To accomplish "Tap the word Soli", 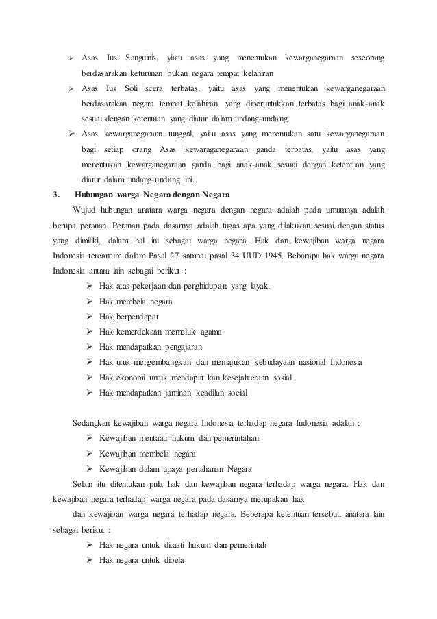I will [132, 90].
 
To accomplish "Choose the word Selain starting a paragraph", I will [84, 485].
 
